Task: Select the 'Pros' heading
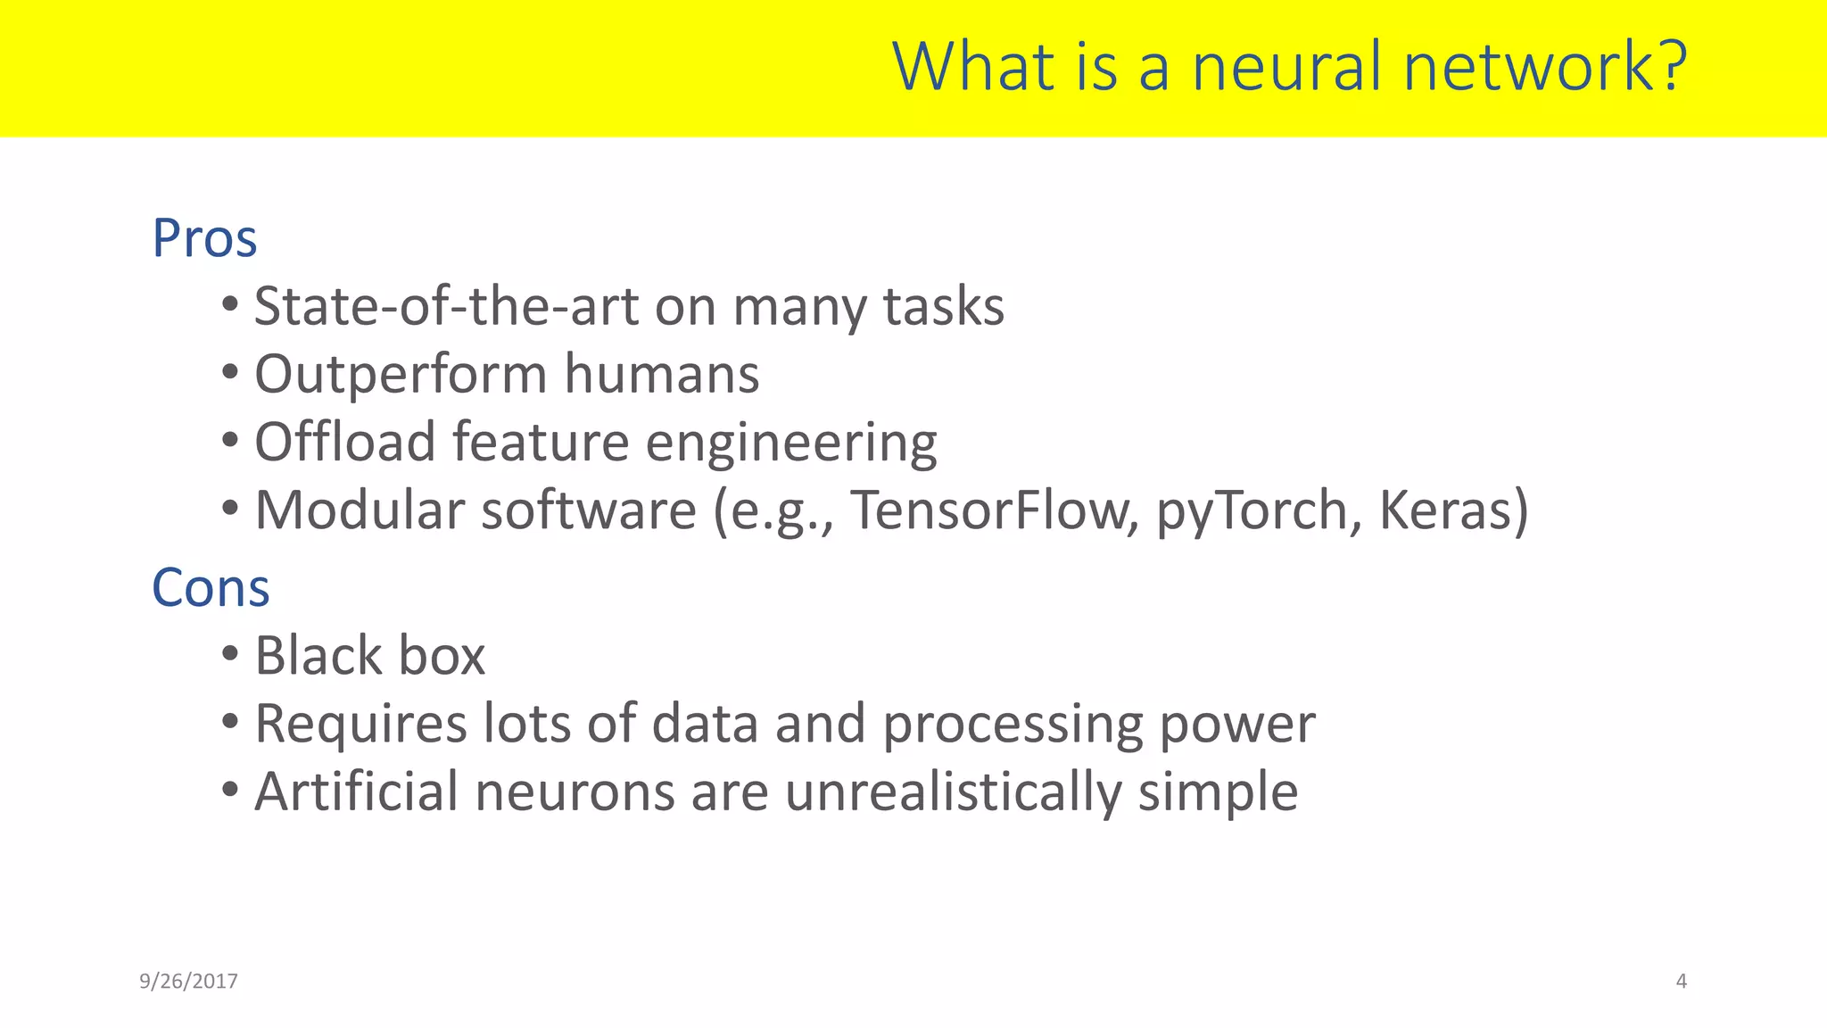tap(204, 238)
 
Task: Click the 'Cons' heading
tap(211, 588)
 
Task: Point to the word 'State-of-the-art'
tap(446, 306)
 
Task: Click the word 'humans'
tap(661, 374)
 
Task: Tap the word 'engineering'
tap(790, 444)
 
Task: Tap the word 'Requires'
tap(360, 724)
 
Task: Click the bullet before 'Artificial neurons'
tap(230, 791)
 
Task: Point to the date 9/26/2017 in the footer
tap(188, 982)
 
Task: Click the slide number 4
tap(1681, 982)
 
